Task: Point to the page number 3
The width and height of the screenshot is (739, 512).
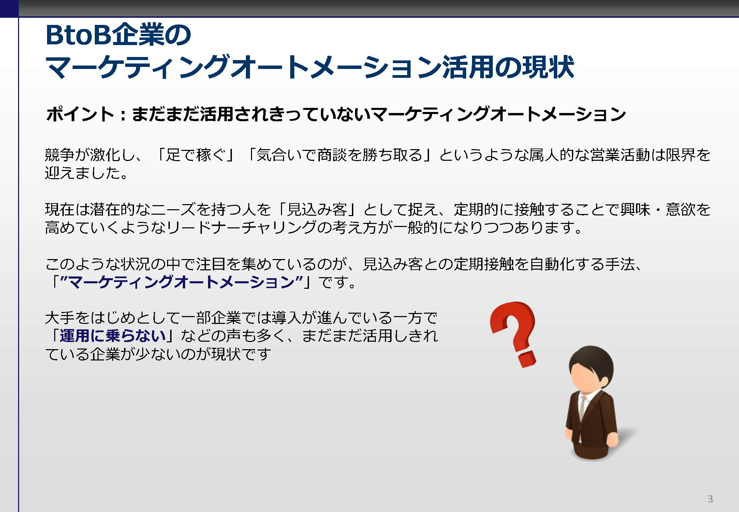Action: click(x=710, y=499)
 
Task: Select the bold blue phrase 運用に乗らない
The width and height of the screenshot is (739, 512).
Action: click(x=113, y=336)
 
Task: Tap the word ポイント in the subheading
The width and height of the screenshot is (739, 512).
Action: click(x=80, y=114)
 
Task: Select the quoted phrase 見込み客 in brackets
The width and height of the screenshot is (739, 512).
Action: click(x=317, y=210)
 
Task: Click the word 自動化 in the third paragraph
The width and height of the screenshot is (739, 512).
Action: click(x=552, y=264)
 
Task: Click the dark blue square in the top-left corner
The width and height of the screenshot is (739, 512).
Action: click(x=9, y=9)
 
